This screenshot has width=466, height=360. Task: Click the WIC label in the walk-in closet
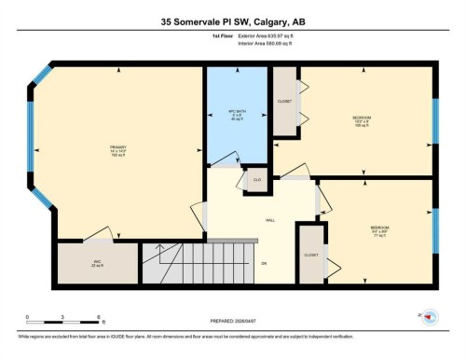(x=97, y=263)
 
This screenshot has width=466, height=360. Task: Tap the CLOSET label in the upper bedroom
(x=285, y=101)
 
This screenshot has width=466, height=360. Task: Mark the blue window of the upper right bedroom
(x=434, y=120)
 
